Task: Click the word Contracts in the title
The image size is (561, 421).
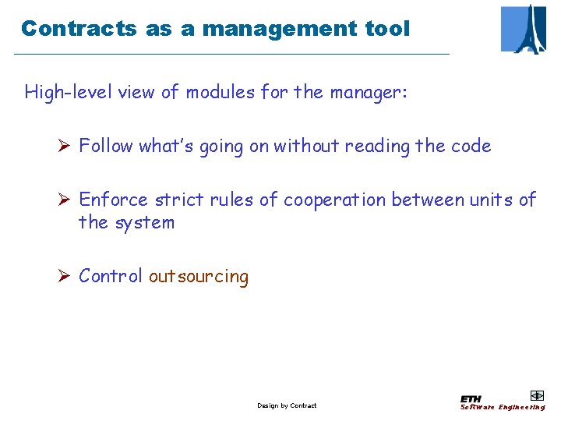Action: (x=79, y=29)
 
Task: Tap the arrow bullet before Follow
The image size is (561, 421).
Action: (x=65, y=146)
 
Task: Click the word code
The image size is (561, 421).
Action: (x=471, y=146)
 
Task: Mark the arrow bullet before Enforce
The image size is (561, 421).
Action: (x=65, y=200)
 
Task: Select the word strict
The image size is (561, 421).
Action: (x=179, y=200)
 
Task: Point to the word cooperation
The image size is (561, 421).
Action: (x=334, y=200)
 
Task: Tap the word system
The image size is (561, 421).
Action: (x=144, y=222)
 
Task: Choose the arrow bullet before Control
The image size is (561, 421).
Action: (x=65, y=276)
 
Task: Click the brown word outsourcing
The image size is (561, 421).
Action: (x=199, y=276)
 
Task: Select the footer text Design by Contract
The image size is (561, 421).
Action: (x=287, y=405)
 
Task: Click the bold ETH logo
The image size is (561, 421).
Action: (x=471, y=399)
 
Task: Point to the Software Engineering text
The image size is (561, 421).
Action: (x=503, y=407)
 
